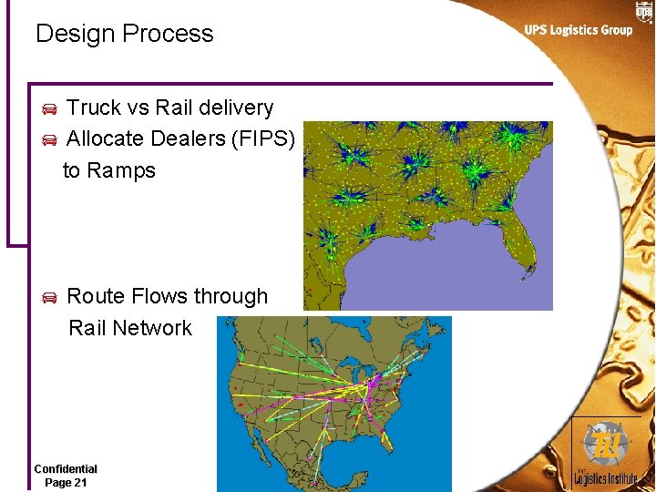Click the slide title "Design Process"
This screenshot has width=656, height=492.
click(x=124, y=35)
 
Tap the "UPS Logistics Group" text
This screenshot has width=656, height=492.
click(x=578, y=30)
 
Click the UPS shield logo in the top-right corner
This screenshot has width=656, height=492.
click(x=644, y=11)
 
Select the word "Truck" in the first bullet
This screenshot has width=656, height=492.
click(x=94, y=108)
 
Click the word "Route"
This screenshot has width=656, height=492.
click(x=96, y=296)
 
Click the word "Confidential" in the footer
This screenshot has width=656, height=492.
click(x=66, y=468)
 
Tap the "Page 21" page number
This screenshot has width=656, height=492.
click(x=66, y=482)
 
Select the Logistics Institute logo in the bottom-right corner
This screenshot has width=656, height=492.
click(x=606, y=454)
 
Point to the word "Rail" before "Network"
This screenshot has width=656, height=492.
click(x=87, y=328)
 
